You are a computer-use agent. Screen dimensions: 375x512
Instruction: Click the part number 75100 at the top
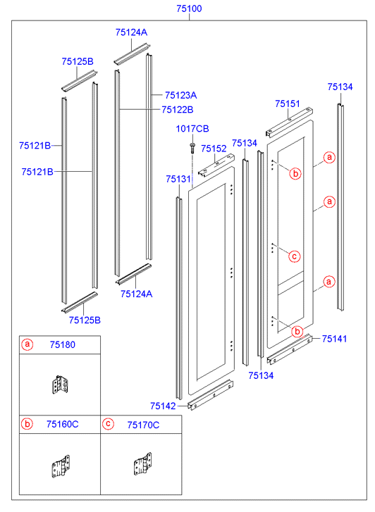(189, 8)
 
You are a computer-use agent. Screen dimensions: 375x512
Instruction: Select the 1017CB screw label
(192, 129)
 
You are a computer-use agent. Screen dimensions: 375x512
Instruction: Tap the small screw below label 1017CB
(192, 148)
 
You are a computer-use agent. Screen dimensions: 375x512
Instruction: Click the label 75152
(214, 149)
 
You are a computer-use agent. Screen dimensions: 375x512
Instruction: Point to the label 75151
(288, 104)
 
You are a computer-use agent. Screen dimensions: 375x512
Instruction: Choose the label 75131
(178, 179)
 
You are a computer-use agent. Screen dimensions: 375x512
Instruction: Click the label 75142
(163, 406)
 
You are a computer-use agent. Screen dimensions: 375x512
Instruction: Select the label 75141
(334, 339)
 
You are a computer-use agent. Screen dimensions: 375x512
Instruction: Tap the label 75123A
(180, 95)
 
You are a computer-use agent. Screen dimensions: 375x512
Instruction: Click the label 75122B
(178, 110)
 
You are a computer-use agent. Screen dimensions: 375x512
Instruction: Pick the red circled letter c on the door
(294, 256)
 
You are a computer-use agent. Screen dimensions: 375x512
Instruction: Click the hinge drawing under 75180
(61, 385)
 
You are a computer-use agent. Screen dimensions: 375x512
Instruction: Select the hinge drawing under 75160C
(61, 466)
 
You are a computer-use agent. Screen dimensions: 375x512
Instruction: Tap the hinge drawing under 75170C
(142, 464)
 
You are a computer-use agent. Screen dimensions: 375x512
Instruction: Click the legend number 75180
(63, 345)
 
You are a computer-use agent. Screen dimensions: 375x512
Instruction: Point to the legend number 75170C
(143, 425)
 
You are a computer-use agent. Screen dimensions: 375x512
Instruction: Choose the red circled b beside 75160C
(27, 424)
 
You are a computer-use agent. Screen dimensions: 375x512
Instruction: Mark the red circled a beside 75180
(27, 344)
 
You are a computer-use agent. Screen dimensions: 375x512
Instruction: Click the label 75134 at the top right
(340, 87)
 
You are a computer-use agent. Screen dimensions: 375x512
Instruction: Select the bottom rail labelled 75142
(211, 395)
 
